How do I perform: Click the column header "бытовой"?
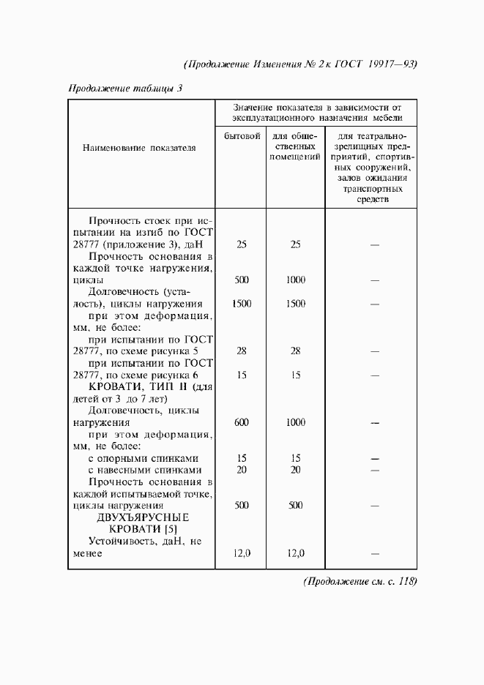tap(242, 135)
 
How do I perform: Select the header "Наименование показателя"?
tap(139, 147)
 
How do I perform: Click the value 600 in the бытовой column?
tap(242, 422)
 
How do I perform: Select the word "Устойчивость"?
tap(121, 541)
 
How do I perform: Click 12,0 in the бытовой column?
tap(242, 553)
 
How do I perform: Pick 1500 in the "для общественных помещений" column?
tap(296, 304)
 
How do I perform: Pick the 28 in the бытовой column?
tap(242, 351)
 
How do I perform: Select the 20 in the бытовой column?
tap(242, 470)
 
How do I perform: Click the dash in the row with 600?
tap(374, 423)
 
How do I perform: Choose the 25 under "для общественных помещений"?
tap(296, 244)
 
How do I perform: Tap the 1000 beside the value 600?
tap(296, 422)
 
